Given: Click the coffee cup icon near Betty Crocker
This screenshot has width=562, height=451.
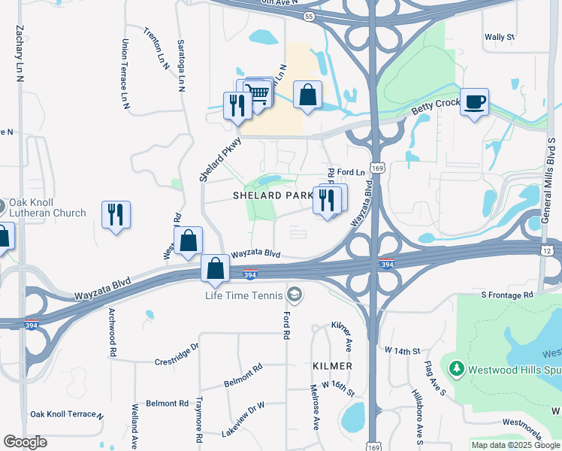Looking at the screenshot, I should click(x=474, y=101).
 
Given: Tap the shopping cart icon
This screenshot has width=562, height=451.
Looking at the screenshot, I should click(x=257, y=93).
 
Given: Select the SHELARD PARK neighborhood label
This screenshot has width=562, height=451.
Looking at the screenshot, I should click(x=272, y=195).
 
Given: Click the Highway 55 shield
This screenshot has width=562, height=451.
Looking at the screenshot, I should click(x=310, y=15).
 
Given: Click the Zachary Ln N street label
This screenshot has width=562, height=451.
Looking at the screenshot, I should click(x=20, y=52).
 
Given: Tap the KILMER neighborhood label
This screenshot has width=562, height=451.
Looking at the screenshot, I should click(x=331, y=366).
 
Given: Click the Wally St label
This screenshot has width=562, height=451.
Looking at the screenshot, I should click(x=499, y=37).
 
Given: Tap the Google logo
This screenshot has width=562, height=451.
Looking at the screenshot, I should click(x=25, y=442).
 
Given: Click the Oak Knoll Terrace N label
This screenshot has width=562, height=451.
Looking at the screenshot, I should click(x=66, y=414).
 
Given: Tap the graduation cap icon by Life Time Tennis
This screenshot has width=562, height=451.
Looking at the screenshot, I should click(x=295, y=294).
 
